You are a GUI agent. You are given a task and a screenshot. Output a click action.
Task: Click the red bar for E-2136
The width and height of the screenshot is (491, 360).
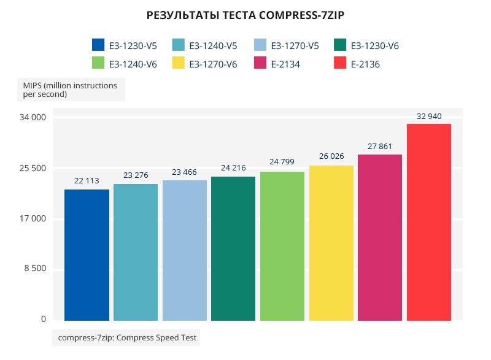(429, 222)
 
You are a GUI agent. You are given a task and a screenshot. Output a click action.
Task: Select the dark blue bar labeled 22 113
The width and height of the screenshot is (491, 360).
(87, 255)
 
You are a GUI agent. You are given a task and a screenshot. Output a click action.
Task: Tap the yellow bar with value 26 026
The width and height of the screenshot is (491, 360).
(331, 243)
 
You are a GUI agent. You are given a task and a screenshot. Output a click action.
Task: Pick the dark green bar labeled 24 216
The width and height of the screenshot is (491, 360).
(233, 248)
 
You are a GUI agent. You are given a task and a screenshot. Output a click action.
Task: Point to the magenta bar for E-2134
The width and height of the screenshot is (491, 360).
(380, 237)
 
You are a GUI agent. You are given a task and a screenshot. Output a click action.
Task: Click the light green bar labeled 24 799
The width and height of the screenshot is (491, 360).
(282, 246)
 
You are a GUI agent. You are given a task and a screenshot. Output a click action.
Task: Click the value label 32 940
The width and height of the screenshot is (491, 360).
(429, 116)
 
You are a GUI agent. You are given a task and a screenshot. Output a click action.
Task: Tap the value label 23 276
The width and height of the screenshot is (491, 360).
(136, 176)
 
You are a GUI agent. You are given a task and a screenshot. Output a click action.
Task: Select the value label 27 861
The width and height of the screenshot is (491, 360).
(380, 147)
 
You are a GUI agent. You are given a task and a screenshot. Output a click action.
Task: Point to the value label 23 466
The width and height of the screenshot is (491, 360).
(184, 172)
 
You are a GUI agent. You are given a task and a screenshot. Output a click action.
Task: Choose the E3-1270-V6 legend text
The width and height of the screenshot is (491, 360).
(213, 64)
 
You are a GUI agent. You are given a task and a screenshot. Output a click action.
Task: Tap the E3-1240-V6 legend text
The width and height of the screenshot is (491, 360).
(133, 64)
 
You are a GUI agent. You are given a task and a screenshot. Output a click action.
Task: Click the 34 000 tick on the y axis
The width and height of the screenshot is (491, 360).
(34, 117)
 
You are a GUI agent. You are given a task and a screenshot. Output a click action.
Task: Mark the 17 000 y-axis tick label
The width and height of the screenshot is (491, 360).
(34, 218)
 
